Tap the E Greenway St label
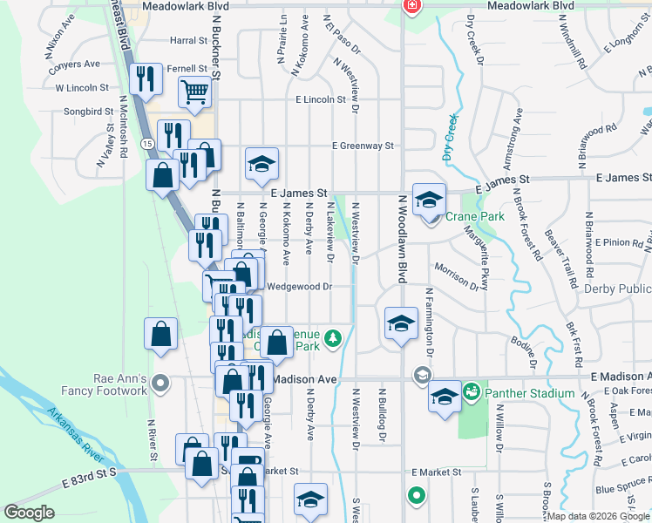pyautogui.click(x=362, y=146)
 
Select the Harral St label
pyautogui.click(x=187, y=40)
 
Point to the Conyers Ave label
pyautogui.click(x=78, y=65)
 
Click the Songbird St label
pyautogui.click(x=89, y=112)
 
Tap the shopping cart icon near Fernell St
pyautogui.click(x=195, y=91)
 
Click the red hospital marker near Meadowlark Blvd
pyautogui.click(x=411, y=6)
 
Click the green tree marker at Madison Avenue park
pyautogui.click(x=331, y=337)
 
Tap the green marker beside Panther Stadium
pyautogui.click(x=472, y=392)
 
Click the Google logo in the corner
pyautogui.click(x=29, y=513)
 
